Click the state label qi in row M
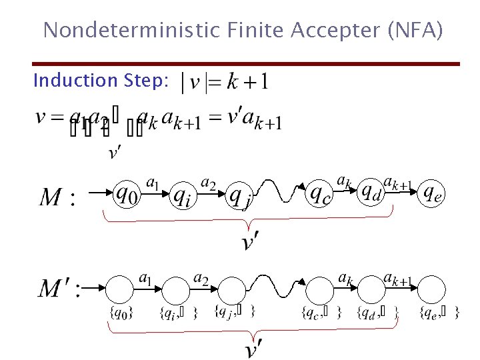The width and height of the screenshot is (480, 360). pyautogui.click(x=182, y=195)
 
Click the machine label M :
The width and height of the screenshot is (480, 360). pyautogui.click(x=58, y=197)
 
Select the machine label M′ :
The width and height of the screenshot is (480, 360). pyautogui.click(x=60, y=289)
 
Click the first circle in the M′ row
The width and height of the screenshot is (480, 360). pyautogui.click(x=120, y=289)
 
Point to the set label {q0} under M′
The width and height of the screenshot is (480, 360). pyautogui.click(x=120, y=312)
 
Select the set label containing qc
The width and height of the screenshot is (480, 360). pyautogui.click(x=323, y=312)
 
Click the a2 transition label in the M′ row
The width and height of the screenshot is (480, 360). pyautogui.click(x=200, y=277)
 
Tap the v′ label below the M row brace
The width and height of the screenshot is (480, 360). pyautogui.click(x=249, y=242)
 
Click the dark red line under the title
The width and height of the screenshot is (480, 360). pyautogui.click(x=247, y=64)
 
